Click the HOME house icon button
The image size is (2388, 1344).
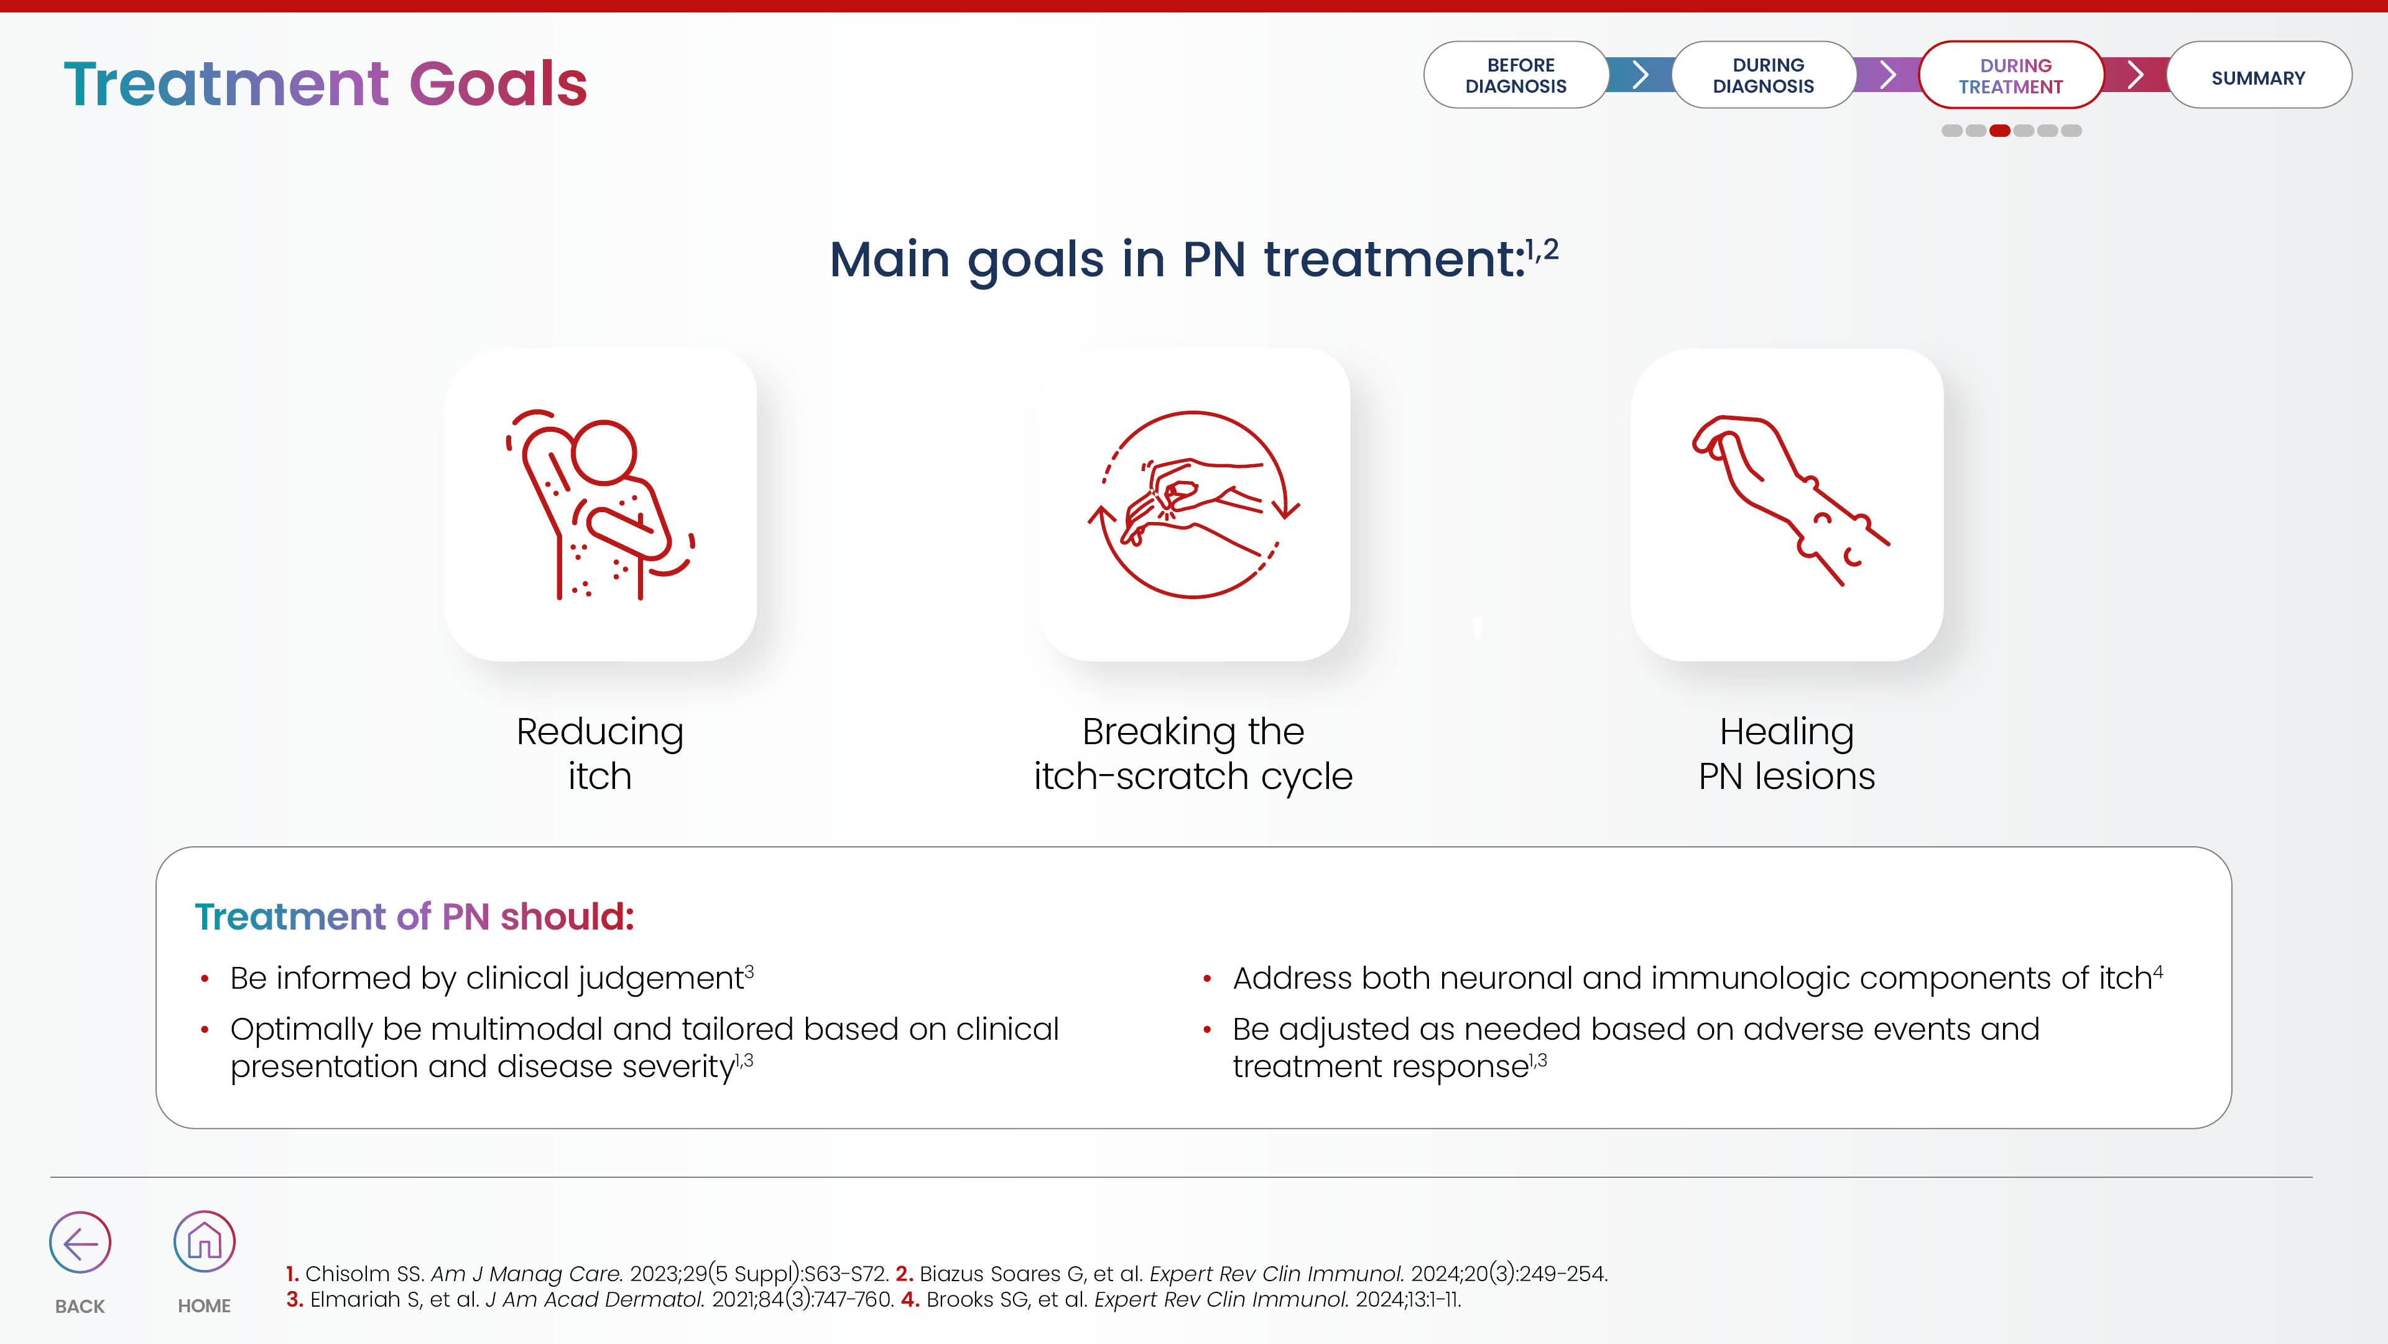(x=204, y=1241)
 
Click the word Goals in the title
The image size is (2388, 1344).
(x=497, y=83)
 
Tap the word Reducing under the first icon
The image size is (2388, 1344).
(x=599, y=732)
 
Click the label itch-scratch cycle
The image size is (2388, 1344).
(x=1193, y=777)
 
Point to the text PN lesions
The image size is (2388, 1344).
(x=1787, y=777)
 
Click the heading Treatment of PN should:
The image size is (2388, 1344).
(x=414, y=917)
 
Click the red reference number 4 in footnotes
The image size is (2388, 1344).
(x=909, y=1299)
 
